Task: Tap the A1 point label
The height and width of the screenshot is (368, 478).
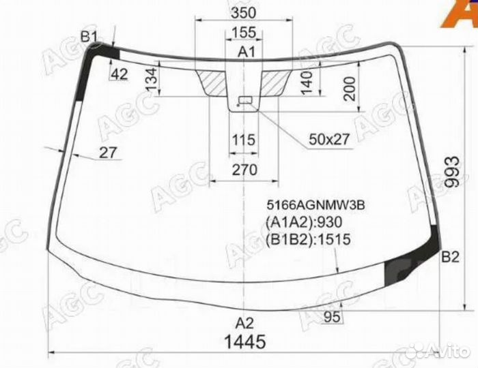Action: pos(246,52)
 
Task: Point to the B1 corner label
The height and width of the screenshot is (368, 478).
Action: pos(90,37)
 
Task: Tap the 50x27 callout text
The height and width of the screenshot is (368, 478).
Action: pos(328,139)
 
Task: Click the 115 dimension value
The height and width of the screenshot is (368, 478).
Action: pos(243,140)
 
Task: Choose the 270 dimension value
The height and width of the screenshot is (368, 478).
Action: pos(244,170)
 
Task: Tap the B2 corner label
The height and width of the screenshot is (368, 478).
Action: pos(450,257)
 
